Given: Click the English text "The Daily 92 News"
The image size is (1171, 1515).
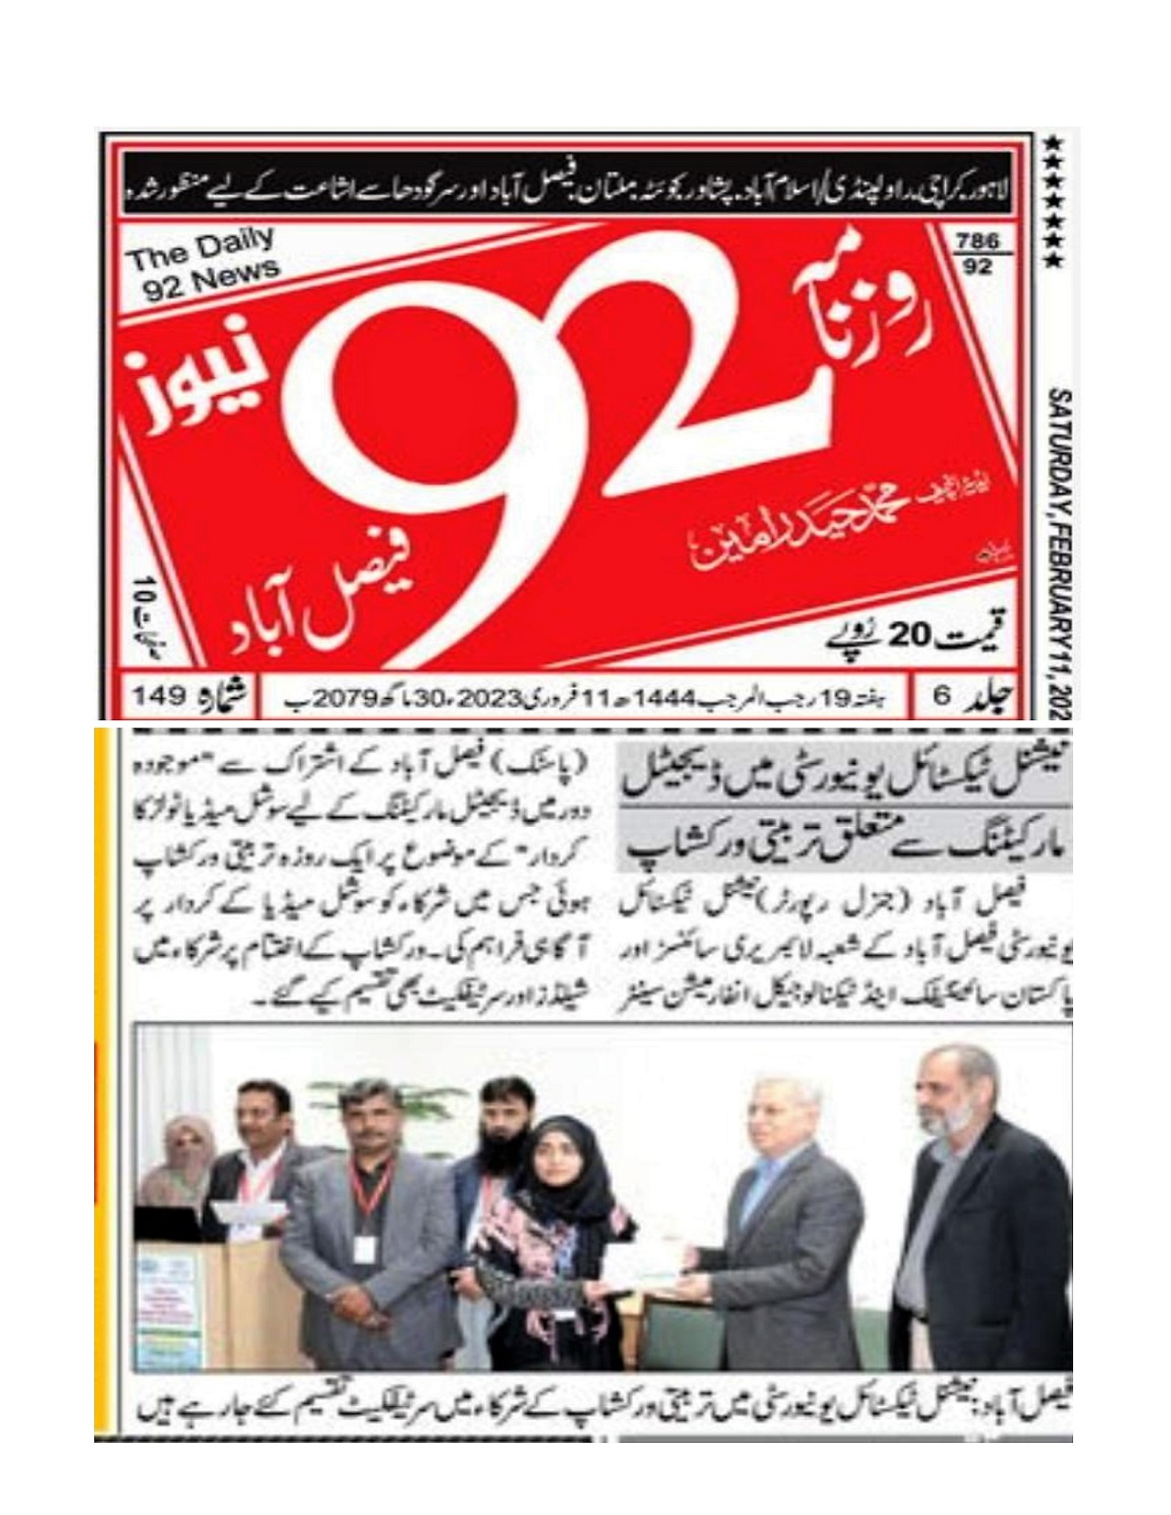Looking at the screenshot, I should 203,264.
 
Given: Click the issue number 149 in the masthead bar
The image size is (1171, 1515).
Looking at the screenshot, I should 161,698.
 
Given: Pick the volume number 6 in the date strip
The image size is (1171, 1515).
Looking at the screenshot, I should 941,698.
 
